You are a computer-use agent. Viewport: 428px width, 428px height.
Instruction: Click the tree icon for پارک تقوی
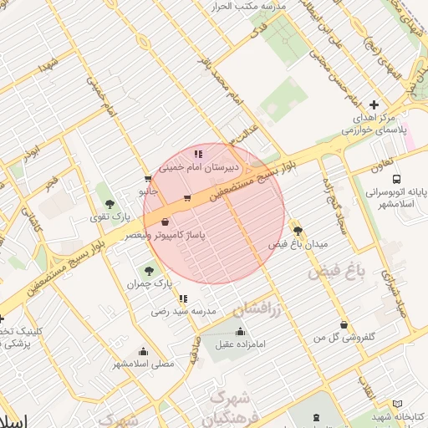[x=110, y=204]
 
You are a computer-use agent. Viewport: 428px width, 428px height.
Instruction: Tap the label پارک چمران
[x=150, y=284]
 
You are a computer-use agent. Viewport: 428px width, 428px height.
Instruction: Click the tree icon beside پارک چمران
[x=150, y=270]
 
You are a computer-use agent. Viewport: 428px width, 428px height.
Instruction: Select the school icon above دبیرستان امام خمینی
[x=198, y=154]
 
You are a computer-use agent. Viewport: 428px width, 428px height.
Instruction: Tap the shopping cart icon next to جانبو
[x=148, y=178]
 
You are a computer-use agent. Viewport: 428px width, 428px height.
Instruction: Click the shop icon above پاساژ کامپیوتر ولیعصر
[x=165, y=222]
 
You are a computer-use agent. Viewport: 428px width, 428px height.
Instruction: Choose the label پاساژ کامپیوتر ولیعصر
[x=165, y=237]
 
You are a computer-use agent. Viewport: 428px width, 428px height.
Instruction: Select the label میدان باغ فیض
[x=298, y=244]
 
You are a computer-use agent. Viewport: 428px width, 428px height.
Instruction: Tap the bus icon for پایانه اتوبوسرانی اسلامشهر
[x=395, y=179]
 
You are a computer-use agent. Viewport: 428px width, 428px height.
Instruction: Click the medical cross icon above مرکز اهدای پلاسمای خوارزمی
[x=374, y=105]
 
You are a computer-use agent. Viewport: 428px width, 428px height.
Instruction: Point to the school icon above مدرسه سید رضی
[x=183, y=298]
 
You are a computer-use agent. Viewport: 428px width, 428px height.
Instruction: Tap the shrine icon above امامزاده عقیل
[x=241, y=331]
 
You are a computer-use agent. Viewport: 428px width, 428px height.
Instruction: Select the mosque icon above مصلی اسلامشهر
[x=143, y=351]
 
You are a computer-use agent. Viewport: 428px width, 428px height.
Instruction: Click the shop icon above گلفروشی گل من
[x=343, y=324]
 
